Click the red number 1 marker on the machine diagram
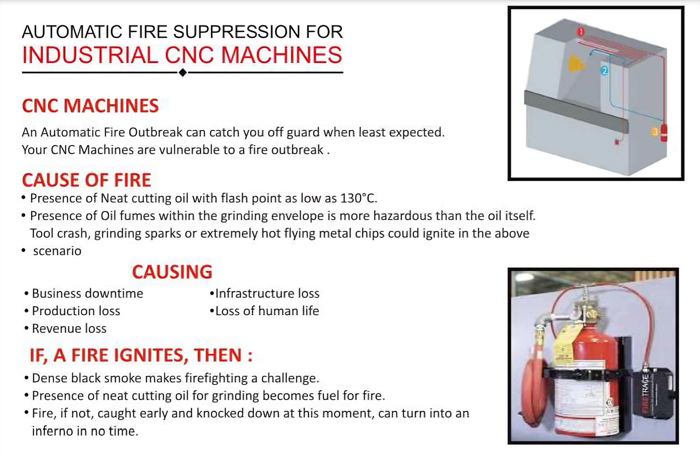coord(581,31)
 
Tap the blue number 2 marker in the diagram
coord(605,71)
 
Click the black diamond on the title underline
coord(182,72)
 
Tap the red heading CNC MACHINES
coord(90,106)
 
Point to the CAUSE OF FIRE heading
coord(87,180)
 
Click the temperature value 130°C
coord(358,198)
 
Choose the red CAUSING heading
coord(172,272)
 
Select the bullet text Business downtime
coord(87,294)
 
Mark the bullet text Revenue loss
coord(69,329)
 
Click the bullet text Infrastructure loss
coord(267,294)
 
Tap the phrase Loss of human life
coord(267,311)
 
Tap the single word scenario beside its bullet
coord(57,251)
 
